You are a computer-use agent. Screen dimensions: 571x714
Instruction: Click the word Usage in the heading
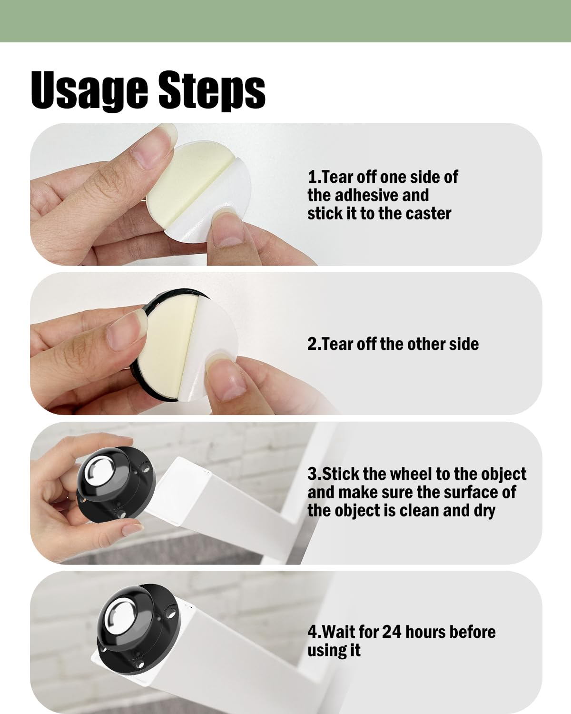pos(89,90)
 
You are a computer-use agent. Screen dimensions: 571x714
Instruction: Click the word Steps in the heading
pos(212,90)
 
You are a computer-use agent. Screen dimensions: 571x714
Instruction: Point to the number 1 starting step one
pos(312,177)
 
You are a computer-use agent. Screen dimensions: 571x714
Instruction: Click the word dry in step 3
pos(484,511)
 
